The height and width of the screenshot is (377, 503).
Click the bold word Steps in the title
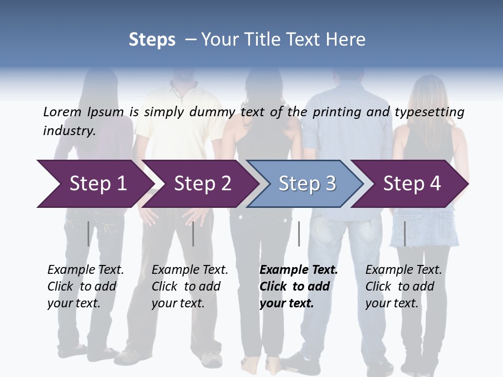point(152,40)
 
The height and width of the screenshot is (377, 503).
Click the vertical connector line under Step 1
point(89,234)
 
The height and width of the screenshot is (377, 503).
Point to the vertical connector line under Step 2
point(193,234)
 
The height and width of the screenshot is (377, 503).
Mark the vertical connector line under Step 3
point(299,234)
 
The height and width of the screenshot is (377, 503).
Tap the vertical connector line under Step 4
point(404,234)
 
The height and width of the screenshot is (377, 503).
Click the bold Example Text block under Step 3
point(299,286)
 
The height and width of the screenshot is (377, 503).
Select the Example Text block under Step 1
point(85,286)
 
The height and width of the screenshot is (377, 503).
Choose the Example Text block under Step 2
point(190,286)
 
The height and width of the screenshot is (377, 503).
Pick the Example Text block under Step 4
point(403,286)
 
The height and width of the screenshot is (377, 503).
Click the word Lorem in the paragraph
point(61,112)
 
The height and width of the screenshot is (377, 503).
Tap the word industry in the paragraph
point(69,131)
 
